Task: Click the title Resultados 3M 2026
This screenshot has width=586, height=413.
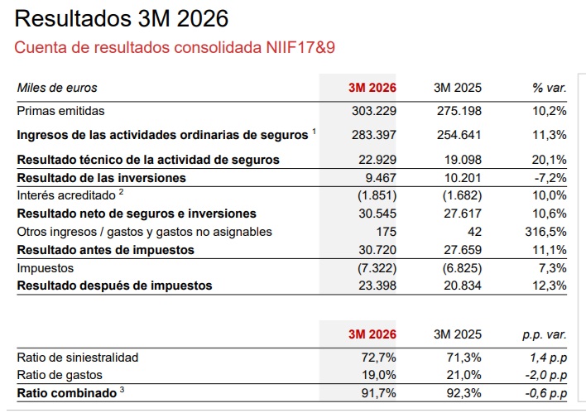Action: tap(122, 19)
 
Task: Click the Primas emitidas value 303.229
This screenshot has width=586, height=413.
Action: tap(373, 111)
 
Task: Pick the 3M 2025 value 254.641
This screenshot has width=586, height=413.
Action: tap(457, 135)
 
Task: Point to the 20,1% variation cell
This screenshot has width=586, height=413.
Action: tap(549, 160)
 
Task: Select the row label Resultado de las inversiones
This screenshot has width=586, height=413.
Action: tap(101, 177)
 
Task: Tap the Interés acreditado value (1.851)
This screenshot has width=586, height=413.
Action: tap(377, 195)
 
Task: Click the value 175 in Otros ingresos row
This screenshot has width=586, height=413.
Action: tap(386, 232)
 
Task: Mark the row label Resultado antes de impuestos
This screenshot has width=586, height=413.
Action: tap(105, 249)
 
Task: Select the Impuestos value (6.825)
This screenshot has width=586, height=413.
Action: tap(459, 268)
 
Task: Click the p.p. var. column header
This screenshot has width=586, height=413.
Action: tap(544, 334)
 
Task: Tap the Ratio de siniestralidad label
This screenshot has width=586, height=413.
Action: tap(78, 358)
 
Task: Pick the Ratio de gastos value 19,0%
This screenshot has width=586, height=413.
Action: tap(379, 375)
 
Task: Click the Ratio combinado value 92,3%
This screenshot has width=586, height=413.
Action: tap(464, 393)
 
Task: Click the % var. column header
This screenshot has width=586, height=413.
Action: tap(549, 88)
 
